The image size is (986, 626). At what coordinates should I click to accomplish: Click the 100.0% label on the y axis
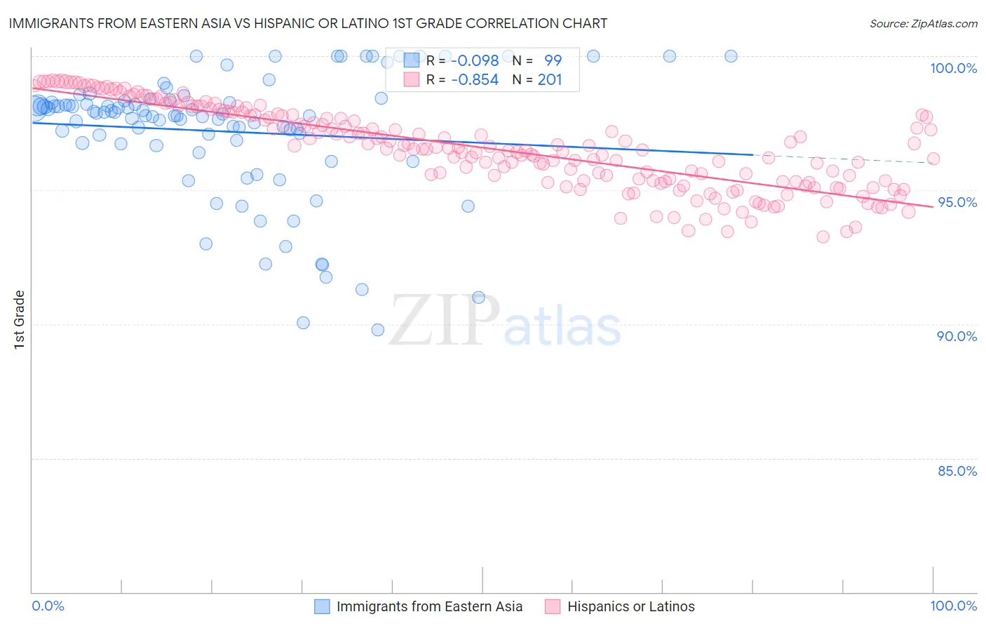point(953,68)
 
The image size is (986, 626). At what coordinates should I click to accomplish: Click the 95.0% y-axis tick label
point(957,202)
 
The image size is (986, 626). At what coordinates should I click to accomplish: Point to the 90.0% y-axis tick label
point(957,336)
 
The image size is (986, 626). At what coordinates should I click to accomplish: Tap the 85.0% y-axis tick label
point(957,471)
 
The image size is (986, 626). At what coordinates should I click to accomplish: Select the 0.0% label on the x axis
point(48,606)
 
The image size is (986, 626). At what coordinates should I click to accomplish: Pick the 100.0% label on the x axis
point(953,606)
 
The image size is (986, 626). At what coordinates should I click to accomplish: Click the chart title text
point(308,23)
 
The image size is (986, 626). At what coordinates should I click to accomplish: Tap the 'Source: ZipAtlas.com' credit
point(923,23)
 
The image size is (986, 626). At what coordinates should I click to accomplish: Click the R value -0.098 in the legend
point(475,60)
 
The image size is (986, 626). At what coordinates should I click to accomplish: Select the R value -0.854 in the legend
point(475,80)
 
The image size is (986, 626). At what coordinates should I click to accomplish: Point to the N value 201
point(550,80)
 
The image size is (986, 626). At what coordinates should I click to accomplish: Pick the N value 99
point(553,60)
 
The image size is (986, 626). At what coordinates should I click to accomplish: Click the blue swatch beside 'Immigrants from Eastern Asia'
point(322,606)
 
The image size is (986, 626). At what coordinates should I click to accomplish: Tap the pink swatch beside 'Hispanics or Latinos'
point(553,606)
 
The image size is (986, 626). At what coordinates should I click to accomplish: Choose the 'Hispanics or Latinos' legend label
point(630,606)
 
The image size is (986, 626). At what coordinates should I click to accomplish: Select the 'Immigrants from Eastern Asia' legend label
point(429,606)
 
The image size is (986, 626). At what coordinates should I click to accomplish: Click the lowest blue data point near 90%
point(377,330)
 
